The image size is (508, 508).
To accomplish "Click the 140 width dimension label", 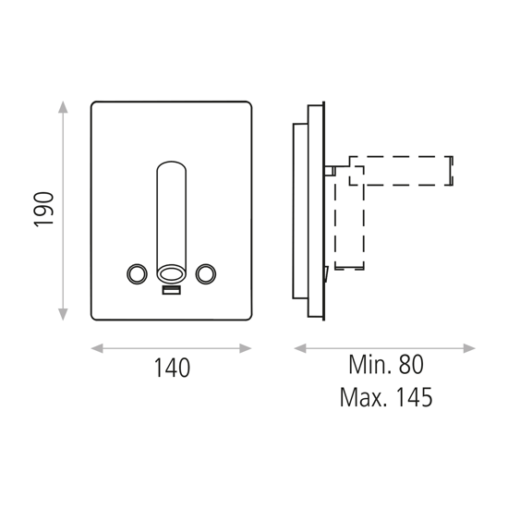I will click(172, 368).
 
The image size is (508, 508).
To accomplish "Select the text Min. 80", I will click(385, 365).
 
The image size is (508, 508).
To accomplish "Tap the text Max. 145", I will click(385, 397).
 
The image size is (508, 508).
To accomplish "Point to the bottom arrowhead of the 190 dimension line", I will click(64, 316).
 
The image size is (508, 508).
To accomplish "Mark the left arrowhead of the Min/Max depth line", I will click(298, 348).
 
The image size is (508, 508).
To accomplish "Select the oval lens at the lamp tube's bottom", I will click(171, 273).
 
